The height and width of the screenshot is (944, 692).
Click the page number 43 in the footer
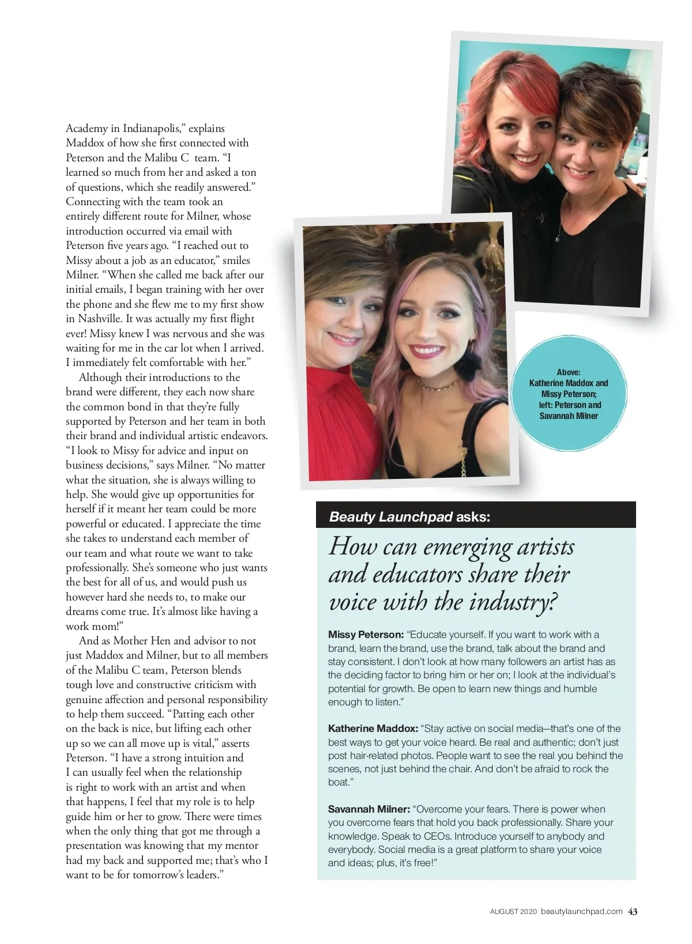[633, 911]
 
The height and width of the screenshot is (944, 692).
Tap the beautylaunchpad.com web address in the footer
[581, 911]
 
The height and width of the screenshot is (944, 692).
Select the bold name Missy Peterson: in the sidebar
[366, 635]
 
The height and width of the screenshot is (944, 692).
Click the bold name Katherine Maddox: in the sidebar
[373, 728]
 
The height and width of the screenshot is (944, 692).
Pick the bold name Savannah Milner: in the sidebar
[369, 809]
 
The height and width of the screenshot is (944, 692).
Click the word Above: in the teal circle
[569, 372]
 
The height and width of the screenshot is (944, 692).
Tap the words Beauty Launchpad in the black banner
[390, 516]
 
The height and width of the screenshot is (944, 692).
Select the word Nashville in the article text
[100, 319]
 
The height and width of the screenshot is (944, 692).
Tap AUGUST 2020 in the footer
[513, 912]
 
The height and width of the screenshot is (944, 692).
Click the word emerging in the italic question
[467, 547]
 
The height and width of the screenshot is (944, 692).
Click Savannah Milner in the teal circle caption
[569, 416]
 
